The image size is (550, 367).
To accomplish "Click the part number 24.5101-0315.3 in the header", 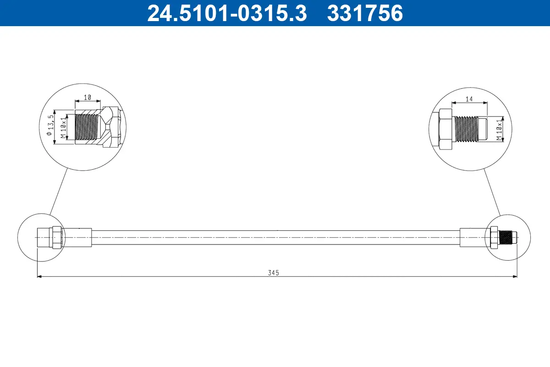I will click(x=226, y=13).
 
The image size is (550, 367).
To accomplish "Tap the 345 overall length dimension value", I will click(x=274, y=272).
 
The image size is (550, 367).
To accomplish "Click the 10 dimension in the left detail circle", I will click(x=88, y=97).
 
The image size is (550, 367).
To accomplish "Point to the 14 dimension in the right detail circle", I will click(x=469, y=98).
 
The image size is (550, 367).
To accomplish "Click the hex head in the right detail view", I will click(x=445, y=129).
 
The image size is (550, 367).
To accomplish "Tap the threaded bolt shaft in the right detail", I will click(x=465, y=128).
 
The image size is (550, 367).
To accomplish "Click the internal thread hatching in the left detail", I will click(x=87, y=127).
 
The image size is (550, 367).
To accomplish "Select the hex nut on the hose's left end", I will click(x=56, y=237).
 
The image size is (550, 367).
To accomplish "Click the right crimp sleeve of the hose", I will click(x=474, y=237).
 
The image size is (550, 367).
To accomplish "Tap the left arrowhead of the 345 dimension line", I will click(x=39, y=277).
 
